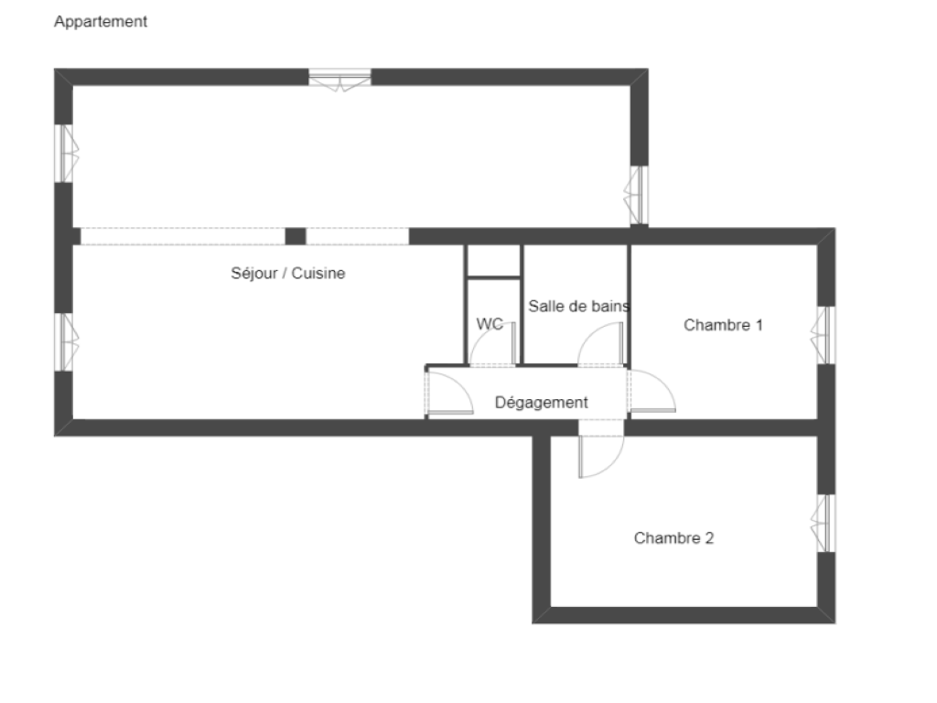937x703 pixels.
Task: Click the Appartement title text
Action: tap(101, 22)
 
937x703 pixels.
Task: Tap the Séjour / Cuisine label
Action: tap(288, 273)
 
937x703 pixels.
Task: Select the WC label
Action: tap(490, 324)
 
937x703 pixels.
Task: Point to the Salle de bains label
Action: tap(578, 306)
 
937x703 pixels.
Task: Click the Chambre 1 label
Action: tap(723, 325)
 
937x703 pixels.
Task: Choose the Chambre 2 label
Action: tap(674, 538)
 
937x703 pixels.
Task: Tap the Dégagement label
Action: tap(542, 403)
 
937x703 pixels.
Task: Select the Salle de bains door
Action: tap(600, 344)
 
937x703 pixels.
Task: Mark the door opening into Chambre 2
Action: tap(601, 457)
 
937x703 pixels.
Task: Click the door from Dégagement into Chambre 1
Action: tap(652, 391)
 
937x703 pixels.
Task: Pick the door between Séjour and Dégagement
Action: tap(450, 393)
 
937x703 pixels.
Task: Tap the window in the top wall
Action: tap(339, 80)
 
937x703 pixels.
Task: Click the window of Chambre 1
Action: tap(824, 335)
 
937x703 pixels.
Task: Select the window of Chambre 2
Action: tap(824, 523)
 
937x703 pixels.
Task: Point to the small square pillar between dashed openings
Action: tap(296, 236)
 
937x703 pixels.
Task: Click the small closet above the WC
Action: tap(493, 261)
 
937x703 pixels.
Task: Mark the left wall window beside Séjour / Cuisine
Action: tap(66, 342)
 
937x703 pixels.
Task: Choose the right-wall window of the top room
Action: tap(637, 195)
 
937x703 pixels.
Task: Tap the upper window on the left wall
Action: tap(66, 153)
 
